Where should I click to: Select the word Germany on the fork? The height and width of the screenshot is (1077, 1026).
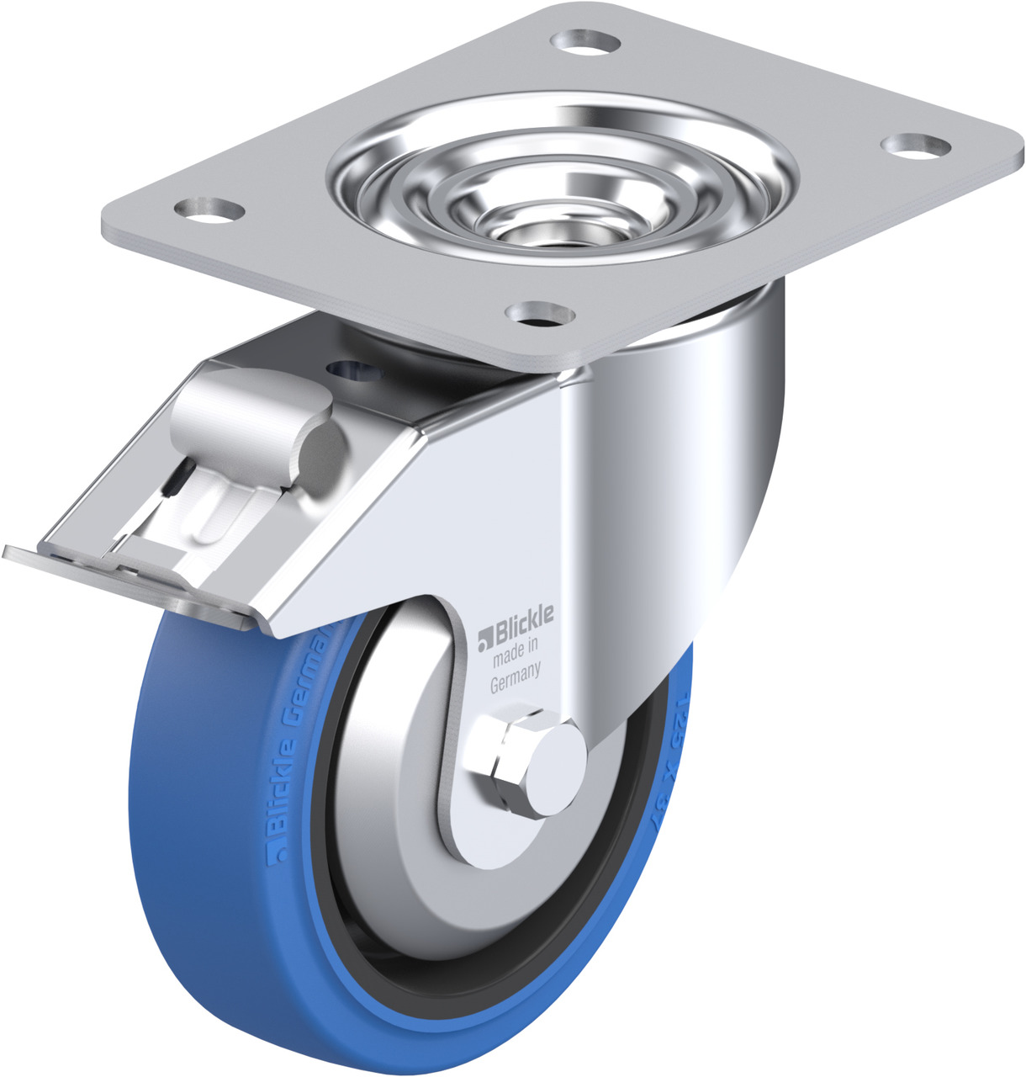(515, 678)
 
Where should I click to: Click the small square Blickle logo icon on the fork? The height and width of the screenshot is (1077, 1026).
(483, 643)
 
